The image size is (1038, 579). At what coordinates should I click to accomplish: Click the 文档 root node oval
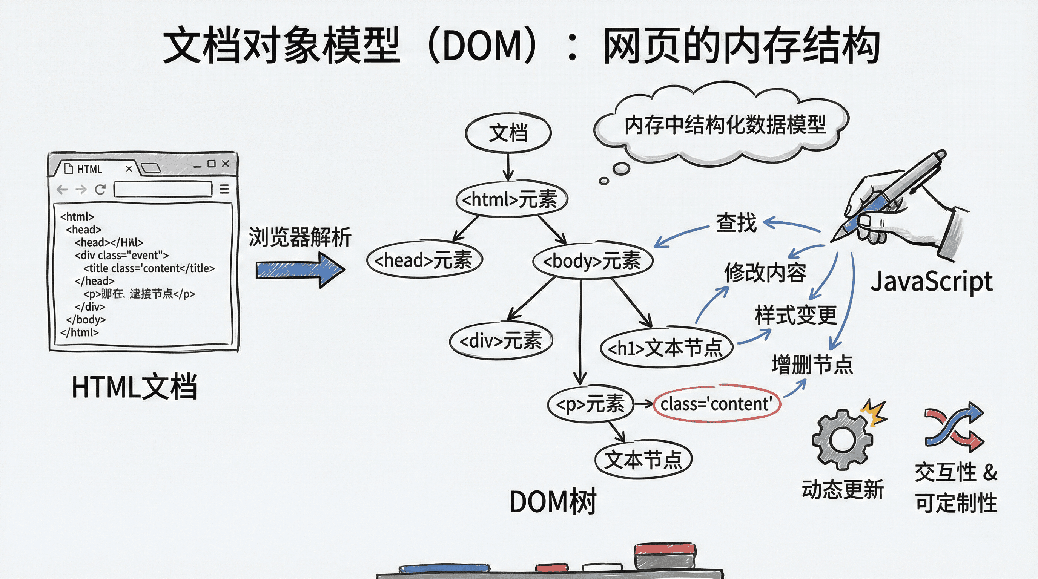508,132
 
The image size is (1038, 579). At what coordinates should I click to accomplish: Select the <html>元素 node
511,199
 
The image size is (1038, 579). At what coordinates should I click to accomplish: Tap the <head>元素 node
424,260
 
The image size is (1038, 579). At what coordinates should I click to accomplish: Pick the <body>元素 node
592,261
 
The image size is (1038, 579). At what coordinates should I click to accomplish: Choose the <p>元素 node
590,404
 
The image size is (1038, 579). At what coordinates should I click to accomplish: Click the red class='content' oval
716,403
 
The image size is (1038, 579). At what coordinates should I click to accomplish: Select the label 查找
736,223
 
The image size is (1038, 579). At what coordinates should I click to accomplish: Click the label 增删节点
812,365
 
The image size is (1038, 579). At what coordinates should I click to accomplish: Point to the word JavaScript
931,282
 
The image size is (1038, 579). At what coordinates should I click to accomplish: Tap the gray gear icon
842,440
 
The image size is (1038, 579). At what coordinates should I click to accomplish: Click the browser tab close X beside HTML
129,169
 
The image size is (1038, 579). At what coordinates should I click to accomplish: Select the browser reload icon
100,189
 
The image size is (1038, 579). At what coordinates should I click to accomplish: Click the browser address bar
163,189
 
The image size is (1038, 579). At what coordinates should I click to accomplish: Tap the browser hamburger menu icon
224,189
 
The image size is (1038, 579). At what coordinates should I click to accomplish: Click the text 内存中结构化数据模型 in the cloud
725,125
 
